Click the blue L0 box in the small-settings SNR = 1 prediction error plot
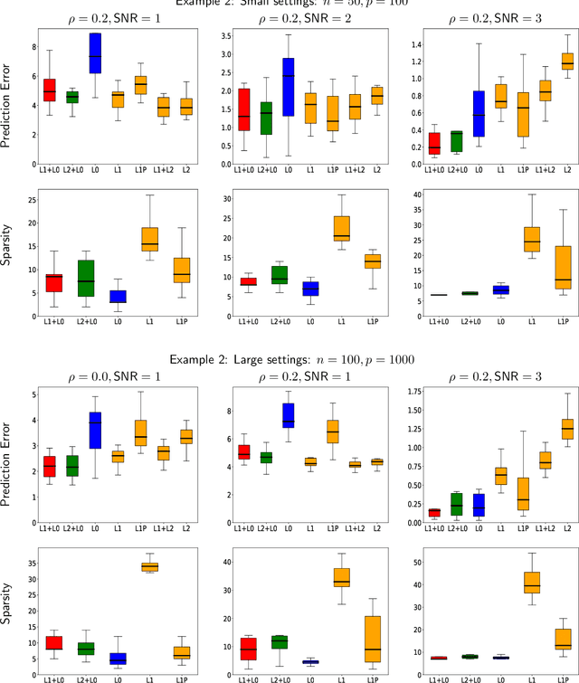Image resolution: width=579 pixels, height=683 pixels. [x=93, y=52]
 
